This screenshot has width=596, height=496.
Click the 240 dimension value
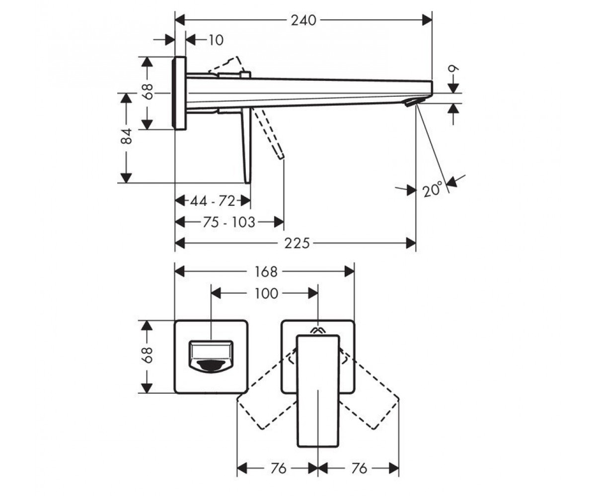click(x=303, y=20)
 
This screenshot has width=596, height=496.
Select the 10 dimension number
click(x=216, y=40)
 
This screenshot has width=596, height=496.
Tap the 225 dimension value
click(x=297, y=244)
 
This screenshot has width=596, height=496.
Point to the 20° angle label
click(x=433, y=189)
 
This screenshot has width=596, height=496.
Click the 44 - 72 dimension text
click(x=213, y=201)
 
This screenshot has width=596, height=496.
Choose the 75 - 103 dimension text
click(x=228, y=222)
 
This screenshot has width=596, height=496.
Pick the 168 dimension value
click(x=266, y=272)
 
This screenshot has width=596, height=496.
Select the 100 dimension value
click(x=266, y=293)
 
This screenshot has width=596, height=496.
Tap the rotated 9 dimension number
click(x=453, y=69)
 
